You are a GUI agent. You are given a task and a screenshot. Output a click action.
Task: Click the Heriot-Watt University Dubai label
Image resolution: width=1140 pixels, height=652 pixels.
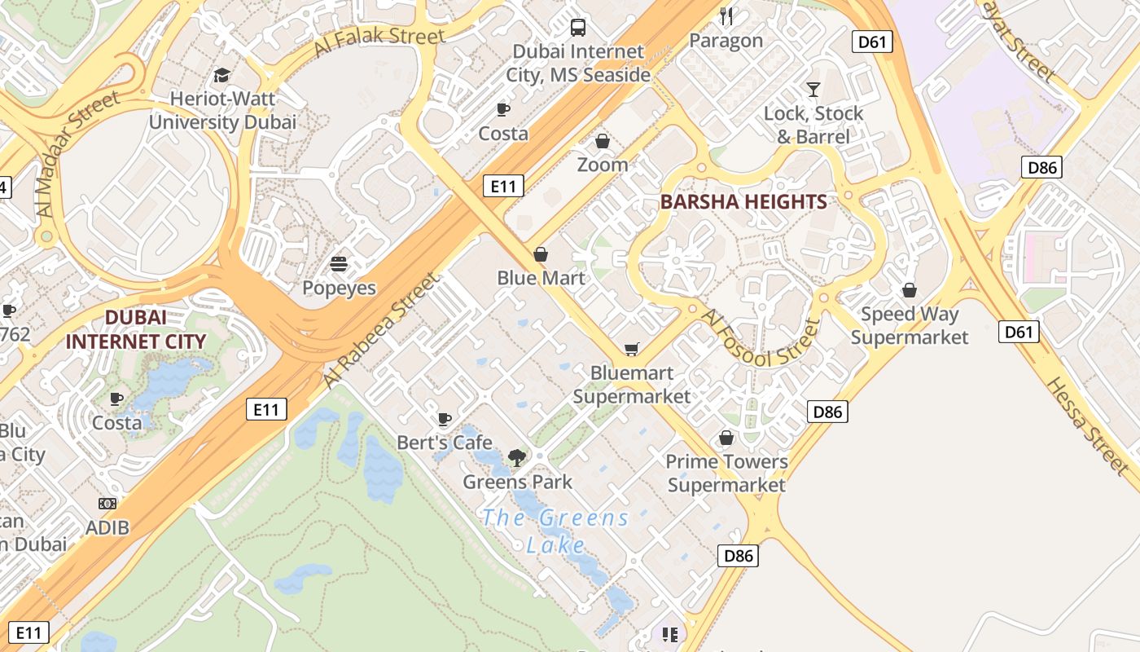pos(222,111)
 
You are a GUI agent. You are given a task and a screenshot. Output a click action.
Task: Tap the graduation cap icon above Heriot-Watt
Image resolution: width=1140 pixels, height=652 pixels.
pos(221,76)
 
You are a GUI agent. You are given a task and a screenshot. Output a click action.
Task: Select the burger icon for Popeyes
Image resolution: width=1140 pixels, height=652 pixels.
pos(339,264)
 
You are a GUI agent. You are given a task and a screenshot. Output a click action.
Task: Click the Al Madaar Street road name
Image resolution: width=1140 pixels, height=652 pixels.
pos(78,153)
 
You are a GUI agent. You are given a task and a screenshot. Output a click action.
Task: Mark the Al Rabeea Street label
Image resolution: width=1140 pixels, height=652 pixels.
pos(381,330)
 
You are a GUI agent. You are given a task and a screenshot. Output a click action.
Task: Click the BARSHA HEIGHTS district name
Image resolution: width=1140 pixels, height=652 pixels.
pos(743,202)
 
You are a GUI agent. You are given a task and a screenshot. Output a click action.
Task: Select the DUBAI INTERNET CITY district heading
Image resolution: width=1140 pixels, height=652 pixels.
pos(135,329)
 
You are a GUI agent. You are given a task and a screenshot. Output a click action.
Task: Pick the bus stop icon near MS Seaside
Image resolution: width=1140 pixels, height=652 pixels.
pos(578,28)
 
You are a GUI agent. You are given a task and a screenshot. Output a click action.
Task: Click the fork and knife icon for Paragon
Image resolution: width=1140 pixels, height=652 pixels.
pos(726,15)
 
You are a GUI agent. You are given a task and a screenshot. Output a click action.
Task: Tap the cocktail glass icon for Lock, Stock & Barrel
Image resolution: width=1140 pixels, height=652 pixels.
pos(813,89)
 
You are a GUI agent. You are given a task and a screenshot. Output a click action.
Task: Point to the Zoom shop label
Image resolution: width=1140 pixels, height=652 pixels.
pos(603,165)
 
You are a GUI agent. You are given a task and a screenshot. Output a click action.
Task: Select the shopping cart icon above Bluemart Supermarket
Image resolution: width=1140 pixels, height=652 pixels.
pos(631,349)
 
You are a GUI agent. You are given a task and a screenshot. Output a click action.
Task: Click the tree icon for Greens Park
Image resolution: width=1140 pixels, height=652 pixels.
pos(517,457)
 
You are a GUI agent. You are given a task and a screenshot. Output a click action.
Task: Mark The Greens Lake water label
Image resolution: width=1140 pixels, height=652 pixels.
pos(555,531)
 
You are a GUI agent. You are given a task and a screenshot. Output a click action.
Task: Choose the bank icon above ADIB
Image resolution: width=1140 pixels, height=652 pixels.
pos(107,504)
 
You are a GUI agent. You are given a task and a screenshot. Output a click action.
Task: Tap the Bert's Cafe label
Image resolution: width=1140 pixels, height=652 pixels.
pos(445,443)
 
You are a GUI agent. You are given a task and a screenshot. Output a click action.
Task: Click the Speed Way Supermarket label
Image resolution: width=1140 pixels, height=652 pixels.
pos(910,325)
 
